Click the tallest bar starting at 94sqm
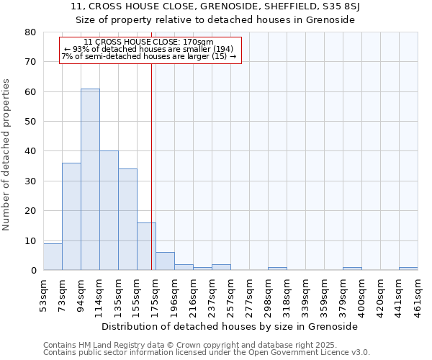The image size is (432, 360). coord(90,180)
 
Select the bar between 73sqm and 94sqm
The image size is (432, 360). coord(71,217)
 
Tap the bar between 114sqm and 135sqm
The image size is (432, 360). coord(109,211)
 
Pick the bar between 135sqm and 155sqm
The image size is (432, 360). coord(127,220)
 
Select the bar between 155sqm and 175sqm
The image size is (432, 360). coord(146,247)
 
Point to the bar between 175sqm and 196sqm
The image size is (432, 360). coord(165,261)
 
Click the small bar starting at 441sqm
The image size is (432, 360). coord(408,269)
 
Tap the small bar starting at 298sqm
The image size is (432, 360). coord(277,269)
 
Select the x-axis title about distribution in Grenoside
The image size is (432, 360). coord(230,326)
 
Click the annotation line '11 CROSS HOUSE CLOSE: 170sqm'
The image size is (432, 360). coord(148,42)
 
